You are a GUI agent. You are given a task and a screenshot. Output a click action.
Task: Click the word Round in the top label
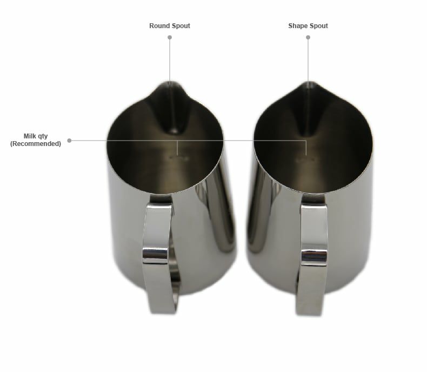[x=159, y=26]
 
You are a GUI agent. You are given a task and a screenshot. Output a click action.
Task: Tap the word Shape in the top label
[x=297, y=26]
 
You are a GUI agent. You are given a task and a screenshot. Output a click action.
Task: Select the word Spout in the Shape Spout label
[x=318, y=26]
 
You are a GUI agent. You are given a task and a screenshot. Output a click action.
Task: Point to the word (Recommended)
[x=36, y=143]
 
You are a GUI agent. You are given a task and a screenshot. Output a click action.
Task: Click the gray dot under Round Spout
[x=170, y=37]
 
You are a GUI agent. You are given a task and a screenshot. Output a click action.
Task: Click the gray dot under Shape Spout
[x=308, y=37]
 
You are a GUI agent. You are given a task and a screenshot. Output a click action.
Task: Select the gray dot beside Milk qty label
[x=69, y=141]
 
